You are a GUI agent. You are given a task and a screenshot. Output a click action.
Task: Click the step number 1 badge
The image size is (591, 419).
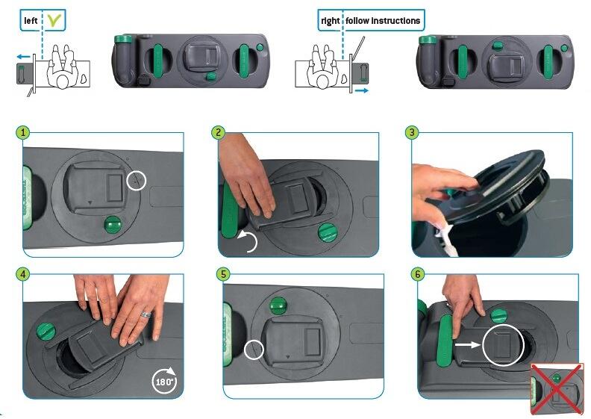pos(23,132)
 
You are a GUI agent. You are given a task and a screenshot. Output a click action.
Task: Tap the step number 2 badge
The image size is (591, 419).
pos(219,132)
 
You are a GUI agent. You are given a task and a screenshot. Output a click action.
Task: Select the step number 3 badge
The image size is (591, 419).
pos(412,132)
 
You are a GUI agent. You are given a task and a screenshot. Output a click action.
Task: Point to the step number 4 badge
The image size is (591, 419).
pos(23,274)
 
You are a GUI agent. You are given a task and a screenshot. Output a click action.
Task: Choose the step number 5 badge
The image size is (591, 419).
pos(224,274)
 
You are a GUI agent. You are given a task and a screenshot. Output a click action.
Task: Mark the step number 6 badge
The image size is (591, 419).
pos(418,274)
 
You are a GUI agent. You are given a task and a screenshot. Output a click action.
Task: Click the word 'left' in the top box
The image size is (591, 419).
pos(31,20)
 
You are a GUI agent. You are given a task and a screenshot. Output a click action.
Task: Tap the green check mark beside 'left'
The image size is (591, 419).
pos(53,21)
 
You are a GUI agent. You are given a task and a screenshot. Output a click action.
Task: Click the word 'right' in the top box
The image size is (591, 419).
pos(330,21)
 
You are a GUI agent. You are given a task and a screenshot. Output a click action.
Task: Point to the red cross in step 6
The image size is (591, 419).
pos(557,389)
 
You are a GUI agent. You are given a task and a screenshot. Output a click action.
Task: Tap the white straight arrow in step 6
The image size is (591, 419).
pos(468,344)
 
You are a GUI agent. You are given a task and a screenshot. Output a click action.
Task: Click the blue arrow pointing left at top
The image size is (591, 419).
pos(23,57)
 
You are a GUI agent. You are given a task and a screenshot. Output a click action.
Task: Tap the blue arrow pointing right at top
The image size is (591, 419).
pos(361,90)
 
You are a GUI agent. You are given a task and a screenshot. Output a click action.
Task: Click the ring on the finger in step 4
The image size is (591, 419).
pos(146,314)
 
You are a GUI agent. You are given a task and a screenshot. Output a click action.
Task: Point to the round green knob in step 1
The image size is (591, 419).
pos(113,225)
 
